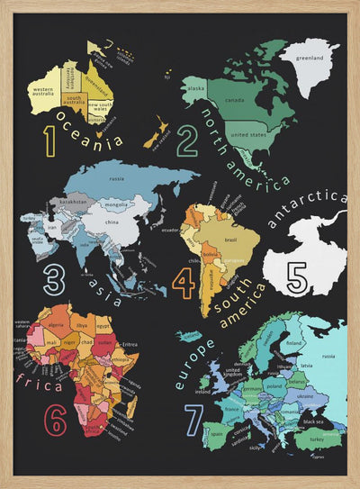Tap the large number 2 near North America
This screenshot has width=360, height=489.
click(x=186, y=142)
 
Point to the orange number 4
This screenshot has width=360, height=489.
click(x=184, y=283)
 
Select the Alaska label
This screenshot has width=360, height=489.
click(x=196, y=88)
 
